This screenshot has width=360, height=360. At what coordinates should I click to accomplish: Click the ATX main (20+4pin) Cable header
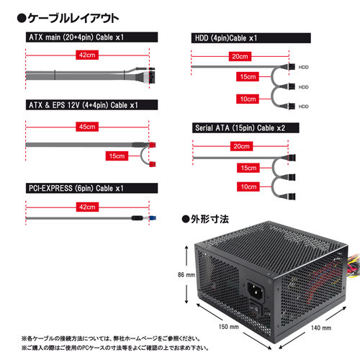click(x=91, y=37)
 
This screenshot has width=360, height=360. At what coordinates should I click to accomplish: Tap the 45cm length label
click(x=87, y=127)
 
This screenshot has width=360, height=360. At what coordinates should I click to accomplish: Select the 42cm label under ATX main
click(x=87, y=55)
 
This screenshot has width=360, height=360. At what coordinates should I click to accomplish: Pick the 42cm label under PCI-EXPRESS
click(x=87, y=207)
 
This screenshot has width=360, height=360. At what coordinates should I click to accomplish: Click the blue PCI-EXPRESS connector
click(x=153, y=218)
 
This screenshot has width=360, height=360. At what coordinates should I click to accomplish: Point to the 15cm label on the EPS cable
click(x=117, y=156)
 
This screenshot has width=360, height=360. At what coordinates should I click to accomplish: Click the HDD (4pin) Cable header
click(x=251, y=38)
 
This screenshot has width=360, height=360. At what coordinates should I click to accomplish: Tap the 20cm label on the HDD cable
click(x=240, y=56)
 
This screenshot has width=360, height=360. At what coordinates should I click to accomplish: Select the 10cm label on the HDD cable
click(x=248, y=99)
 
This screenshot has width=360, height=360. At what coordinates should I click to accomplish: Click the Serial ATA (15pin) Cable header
click(x=246, y=127)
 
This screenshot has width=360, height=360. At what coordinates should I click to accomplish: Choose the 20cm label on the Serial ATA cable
click(x=241, y=146)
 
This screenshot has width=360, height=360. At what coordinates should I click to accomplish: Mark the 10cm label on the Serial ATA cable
click(x=248, y=186)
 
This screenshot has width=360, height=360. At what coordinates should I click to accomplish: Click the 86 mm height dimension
click(x=186, y=274)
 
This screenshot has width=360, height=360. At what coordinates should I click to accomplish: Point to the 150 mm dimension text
click(x=228, y=327)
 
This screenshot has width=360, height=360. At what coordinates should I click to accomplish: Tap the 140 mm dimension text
click(x=321, y=328)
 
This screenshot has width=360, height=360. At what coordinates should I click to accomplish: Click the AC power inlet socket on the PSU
click(x=256, y=290)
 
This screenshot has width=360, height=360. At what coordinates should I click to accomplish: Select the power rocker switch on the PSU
click(x=256, y=308)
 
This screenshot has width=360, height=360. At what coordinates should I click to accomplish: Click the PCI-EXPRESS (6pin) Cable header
click(x=91, y=188)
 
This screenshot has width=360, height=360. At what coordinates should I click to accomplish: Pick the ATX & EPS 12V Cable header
click(x=91, y=105)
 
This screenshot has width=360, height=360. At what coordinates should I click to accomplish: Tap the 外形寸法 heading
click(x=205, y=219)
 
